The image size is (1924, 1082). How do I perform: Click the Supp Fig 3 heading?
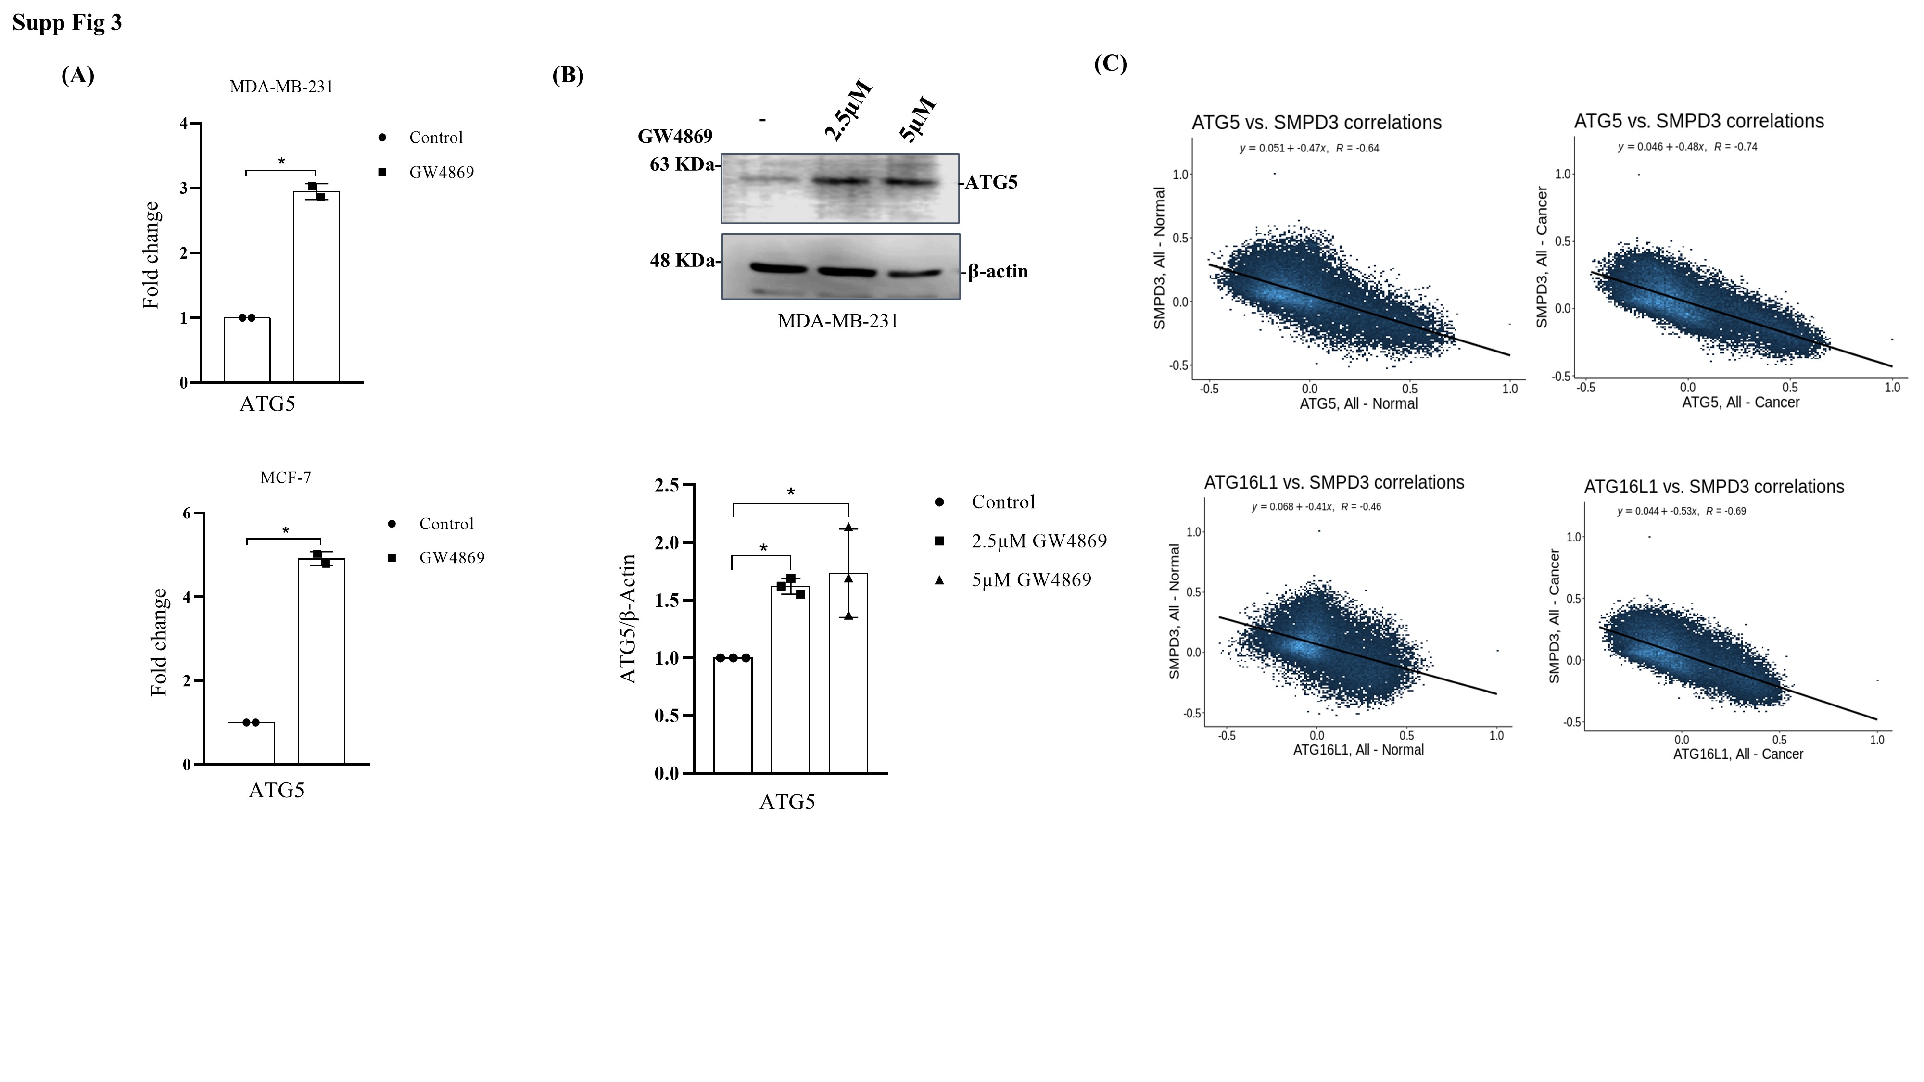67,23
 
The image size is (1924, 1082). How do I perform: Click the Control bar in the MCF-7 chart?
251,743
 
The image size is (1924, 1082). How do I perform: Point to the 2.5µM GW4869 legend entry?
1038,541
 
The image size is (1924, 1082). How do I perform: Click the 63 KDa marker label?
681,164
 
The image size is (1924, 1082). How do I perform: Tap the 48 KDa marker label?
681,261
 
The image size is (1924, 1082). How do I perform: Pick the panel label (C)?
1110,63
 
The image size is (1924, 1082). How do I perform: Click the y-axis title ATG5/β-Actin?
629,618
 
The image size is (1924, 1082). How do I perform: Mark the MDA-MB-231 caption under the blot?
837,321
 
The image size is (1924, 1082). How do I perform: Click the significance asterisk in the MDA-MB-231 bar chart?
281,161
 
